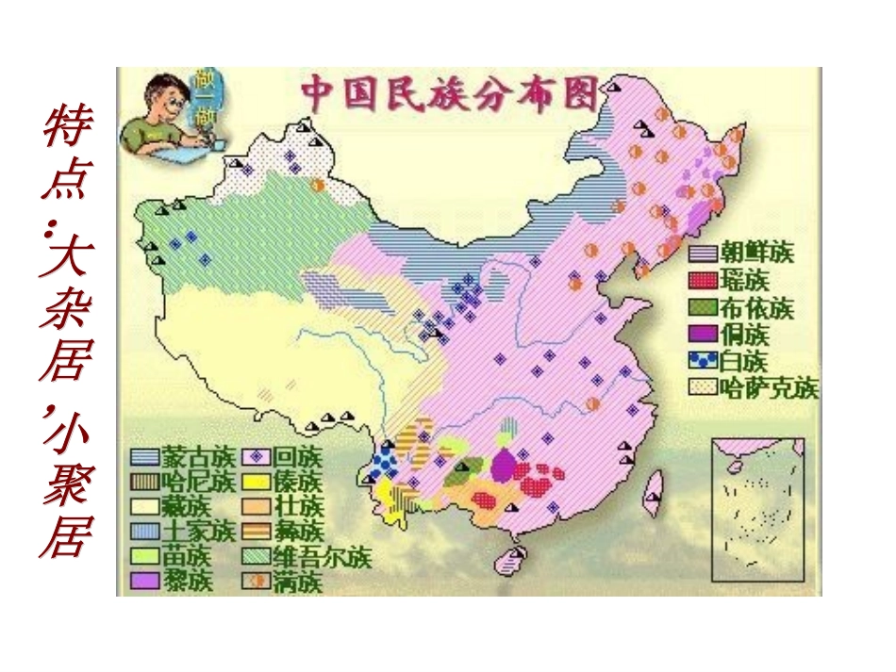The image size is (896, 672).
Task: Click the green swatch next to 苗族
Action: [143, 557]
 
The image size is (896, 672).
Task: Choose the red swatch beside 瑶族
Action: [702, 280]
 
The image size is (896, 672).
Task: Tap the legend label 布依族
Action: [757, 307]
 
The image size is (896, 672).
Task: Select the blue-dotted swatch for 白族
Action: [702, 361]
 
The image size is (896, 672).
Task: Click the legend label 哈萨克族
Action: [769, 388]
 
